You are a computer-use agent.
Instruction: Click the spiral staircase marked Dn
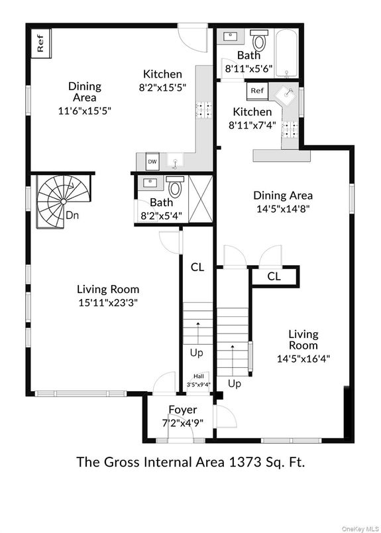tap(63, 202)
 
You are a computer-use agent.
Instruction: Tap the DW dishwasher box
tap(152, 162)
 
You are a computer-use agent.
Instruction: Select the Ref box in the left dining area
tap(41, 43)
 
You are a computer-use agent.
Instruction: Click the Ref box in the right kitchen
tap(257, 91)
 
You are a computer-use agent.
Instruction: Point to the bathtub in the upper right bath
tap(286, 53)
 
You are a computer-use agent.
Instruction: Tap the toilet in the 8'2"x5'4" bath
tap(175, 187)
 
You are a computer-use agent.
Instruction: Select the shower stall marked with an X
tap(201, 199)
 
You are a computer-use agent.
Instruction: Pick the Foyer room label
tap(182, 410)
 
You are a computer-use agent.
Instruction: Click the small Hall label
tap(199, 377)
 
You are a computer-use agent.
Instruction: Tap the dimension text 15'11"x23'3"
tap(108, 302)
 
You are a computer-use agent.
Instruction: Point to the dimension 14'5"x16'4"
tap(303, 359)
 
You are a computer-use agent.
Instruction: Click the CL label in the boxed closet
tap(274, 276)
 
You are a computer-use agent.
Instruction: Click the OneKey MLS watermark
tap(360, 529)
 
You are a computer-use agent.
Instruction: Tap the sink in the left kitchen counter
tap(175, 162)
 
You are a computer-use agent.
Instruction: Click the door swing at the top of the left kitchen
tap(193, 38)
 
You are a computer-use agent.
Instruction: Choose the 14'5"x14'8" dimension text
tap(283, 208)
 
